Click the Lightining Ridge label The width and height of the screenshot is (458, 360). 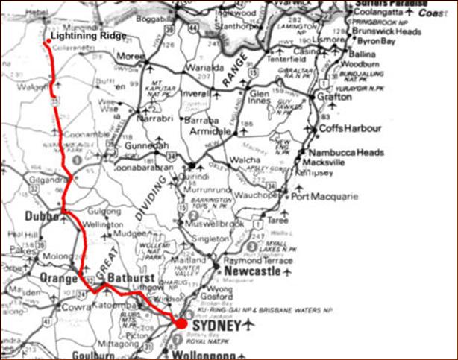(x=84, y=35)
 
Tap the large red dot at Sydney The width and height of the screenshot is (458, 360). (x=179, y=323)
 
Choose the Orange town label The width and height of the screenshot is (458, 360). (x=52, y=278)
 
